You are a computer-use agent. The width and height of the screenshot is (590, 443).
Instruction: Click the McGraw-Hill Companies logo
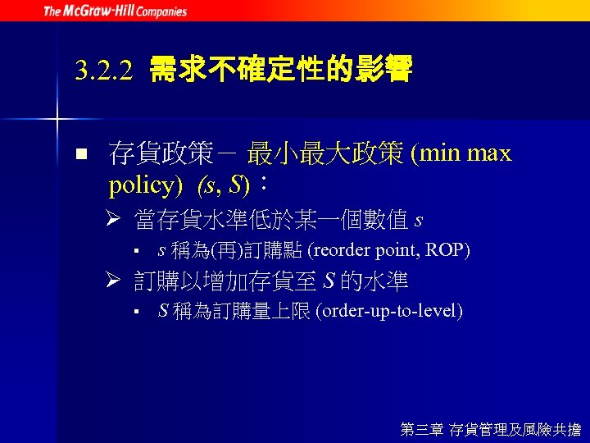pyautogui.click(x=115, y=11)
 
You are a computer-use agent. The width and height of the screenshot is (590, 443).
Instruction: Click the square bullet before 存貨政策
pyautogui.click(x=79, y=154)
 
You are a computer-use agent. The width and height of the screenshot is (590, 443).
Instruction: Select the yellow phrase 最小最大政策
pyautogui.click(x=325, y=153)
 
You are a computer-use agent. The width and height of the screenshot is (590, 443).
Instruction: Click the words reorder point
pyautogui.click(x=364, y=250)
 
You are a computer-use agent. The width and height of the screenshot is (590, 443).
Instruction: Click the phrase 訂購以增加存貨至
pyautogui.click(x=226, y=281)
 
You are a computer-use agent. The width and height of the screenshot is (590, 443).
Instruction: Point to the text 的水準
pyautogui.click(x=374, y=281)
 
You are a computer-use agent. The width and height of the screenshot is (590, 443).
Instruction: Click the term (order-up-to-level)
pyautogui.click(x=393, y=311)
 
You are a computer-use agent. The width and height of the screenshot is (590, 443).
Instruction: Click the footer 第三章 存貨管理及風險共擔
pyautogui.click(x=490, y=428)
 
